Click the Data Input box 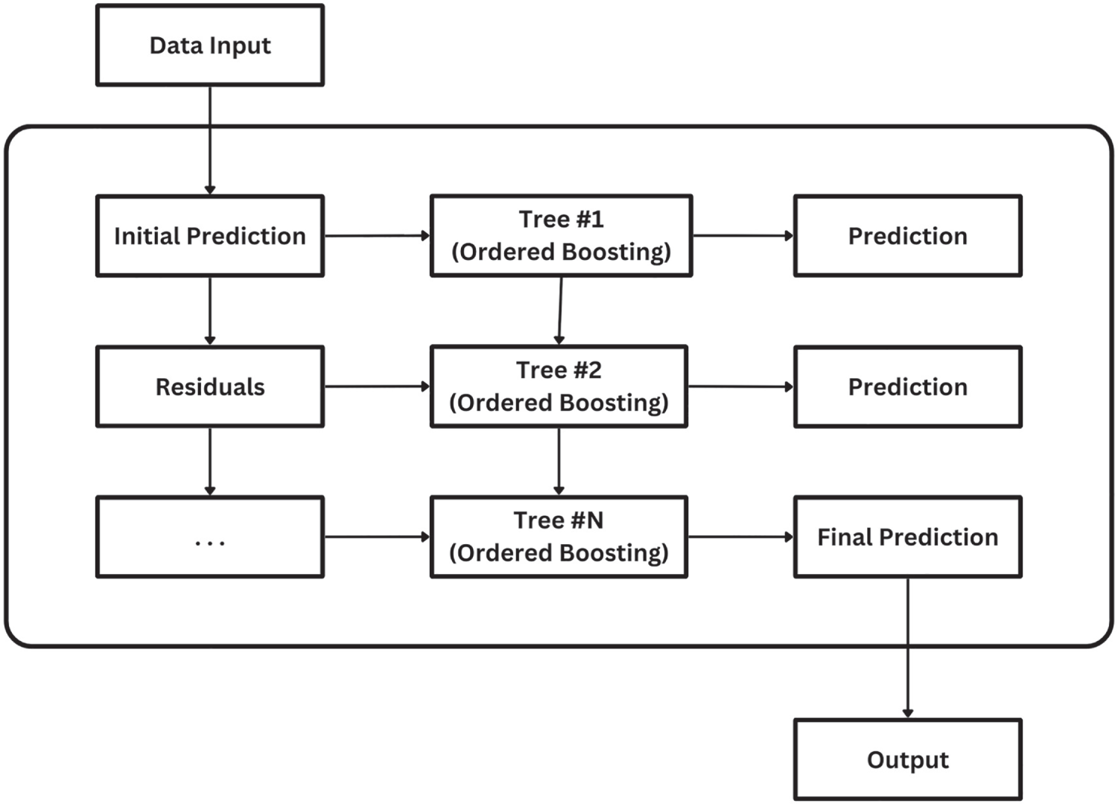coord(210,45)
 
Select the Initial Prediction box coord(210,236)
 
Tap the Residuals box coord(210,386)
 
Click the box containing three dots coord(210,537)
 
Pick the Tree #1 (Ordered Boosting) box coord(561,236)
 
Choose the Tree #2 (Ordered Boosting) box coord(559,386)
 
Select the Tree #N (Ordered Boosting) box coord(559,537)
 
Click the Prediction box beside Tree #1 coord(907,236)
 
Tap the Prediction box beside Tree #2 coord(907,386)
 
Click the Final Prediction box coord(907,537)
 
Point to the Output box coord(907,759)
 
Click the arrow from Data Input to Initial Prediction coord(210,141)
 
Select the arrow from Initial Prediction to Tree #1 coord(378,236)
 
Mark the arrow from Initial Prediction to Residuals coord(210,311)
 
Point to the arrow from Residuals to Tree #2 coord(378,386)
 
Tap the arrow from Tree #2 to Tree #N coord(559,462)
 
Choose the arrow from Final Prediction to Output coord(907,648)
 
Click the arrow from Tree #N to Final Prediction coord(740,537)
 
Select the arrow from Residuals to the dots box coord(210,462)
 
